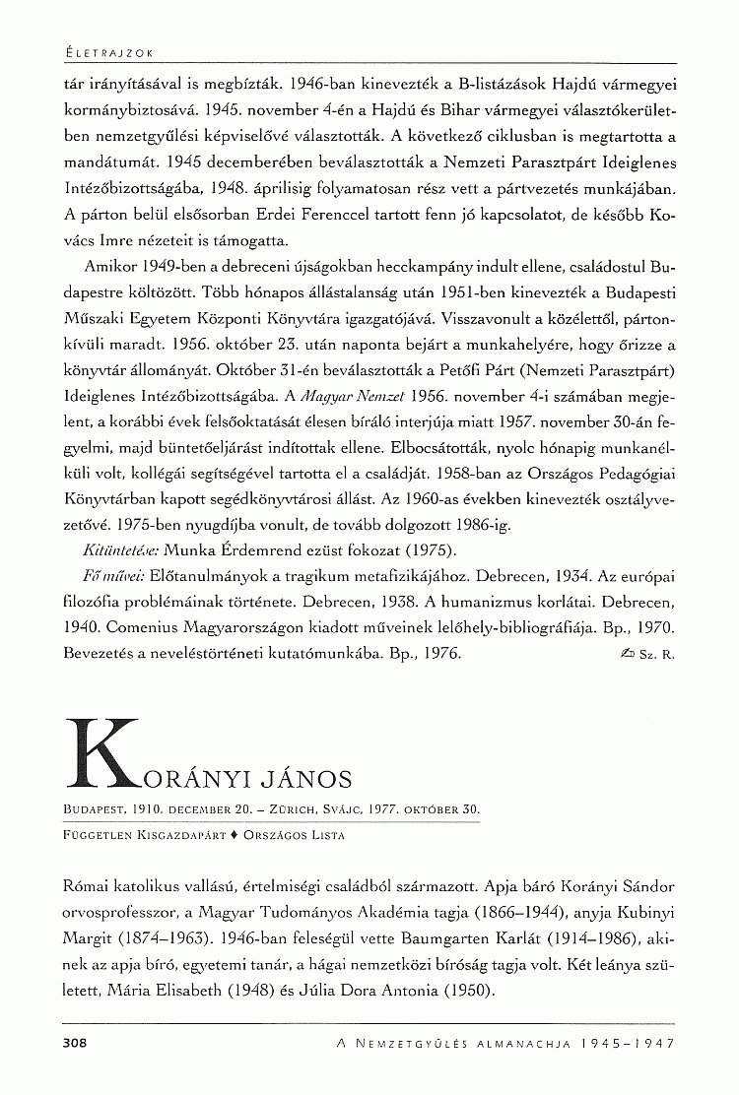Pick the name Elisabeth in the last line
(206, 987)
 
